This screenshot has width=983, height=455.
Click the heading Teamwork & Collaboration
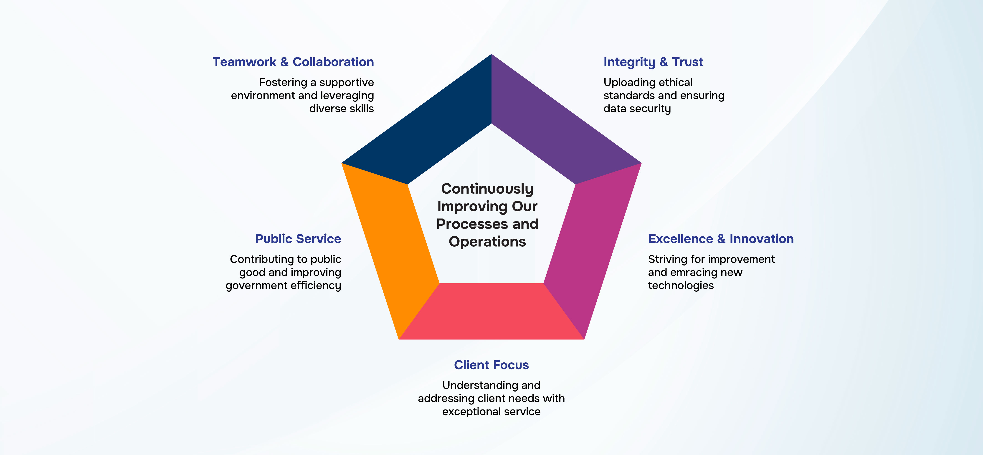(x=293, y=62)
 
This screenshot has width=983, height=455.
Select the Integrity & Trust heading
(x=653, y=62)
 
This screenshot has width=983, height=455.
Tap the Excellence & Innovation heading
(x=721, y=239)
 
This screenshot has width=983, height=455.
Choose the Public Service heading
(x=298, y=239)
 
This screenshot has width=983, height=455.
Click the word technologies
(x=681, y=286)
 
